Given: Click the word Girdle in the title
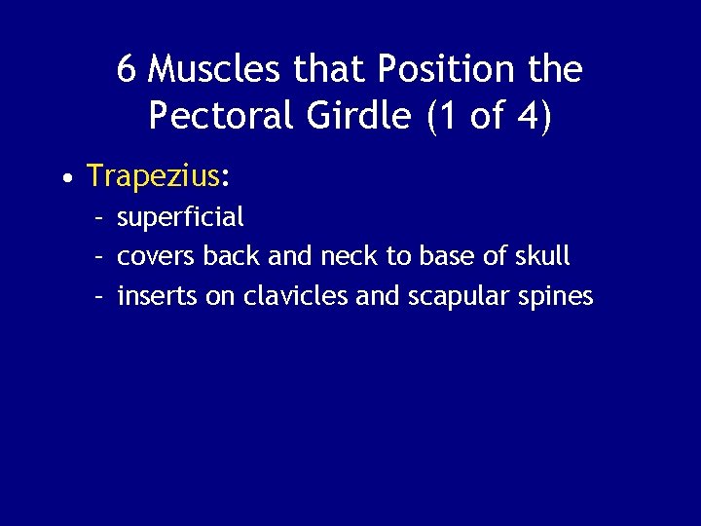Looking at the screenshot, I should [x=358, y=116].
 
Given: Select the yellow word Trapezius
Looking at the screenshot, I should [x=153, y=176].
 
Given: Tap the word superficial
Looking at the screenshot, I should [x=180, y=217].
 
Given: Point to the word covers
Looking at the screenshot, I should [x=156, y=257].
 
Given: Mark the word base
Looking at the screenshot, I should [x=447, y=257].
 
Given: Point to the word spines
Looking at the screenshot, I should [x=560, y=297].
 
